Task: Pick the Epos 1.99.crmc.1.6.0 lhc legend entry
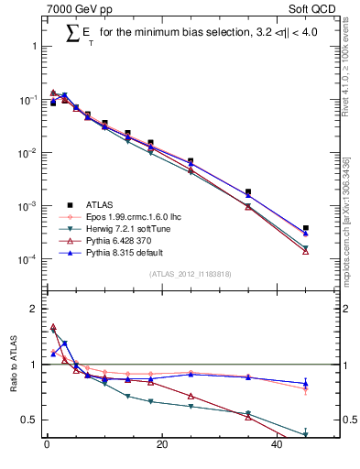point(128,217)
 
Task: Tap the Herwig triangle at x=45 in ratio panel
point(306,435)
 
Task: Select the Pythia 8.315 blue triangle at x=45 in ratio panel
point(306,383)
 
